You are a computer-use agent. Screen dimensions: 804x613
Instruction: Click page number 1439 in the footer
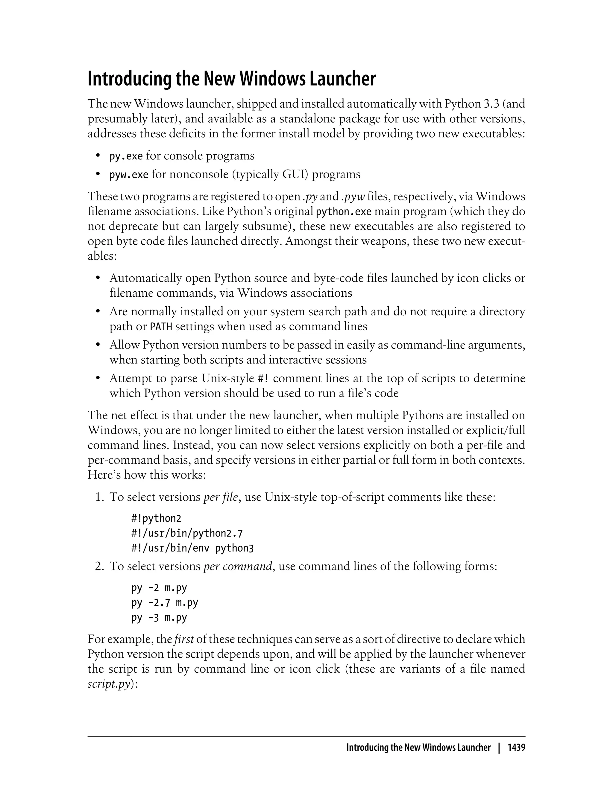pos(516,748)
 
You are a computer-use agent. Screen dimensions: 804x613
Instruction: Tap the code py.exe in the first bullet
pos(126,156)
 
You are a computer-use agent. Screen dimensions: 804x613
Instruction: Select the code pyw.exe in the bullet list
pos(129,175)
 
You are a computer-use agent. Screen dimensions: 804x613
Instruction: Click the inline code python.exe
pos(343,212)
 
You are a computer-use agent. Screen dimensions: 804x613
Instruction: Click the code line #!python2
pos(156,518)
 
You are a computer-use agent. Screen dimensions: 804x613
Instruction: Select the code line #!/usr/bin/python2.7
pos(187,533)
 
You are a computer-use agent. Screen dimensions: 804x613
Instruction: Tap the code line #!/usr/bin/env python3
pos(192,548)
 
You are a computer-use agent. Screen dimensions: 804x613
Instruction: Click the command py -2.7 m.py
pos(165,603)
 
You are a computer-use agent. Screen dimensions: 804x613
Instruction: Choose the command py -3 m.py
pos(159,618)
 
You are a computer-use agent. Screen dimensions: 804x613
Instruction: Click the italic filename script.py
pos(109,684)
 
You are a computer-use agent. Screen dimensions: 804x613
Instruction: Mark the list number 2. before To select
pos(99,567)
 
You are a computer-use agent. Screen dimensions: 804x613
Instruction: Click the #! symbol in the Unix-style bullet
pos(263,378)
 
